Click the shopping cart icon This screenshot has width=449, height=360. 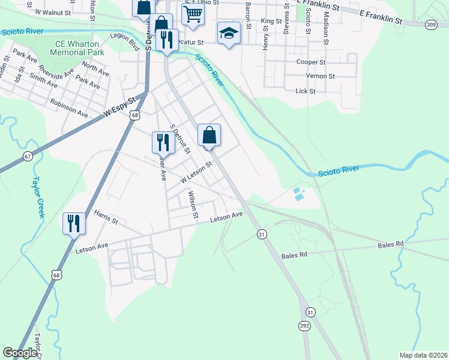193,13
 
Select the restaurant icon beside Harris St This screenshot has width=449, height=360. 74,224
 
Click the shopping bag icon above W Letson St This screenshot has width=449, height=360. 209,135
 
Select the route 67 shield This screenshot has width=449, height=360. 28,156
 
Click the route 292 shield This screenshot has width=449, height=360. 305,325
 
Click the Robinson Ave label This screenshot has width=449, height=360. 69,109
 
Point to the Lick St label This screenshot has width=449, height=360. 306,91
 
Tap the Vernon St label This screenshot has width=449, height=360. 320,76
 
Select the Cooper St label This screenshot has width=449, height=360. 311,62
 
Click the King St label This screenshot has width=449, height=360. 271,20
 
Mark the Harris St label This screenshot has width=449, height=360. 106,217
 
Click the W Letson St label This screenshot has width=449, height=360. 197,173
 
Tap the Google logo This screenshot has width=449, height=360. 20,353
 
